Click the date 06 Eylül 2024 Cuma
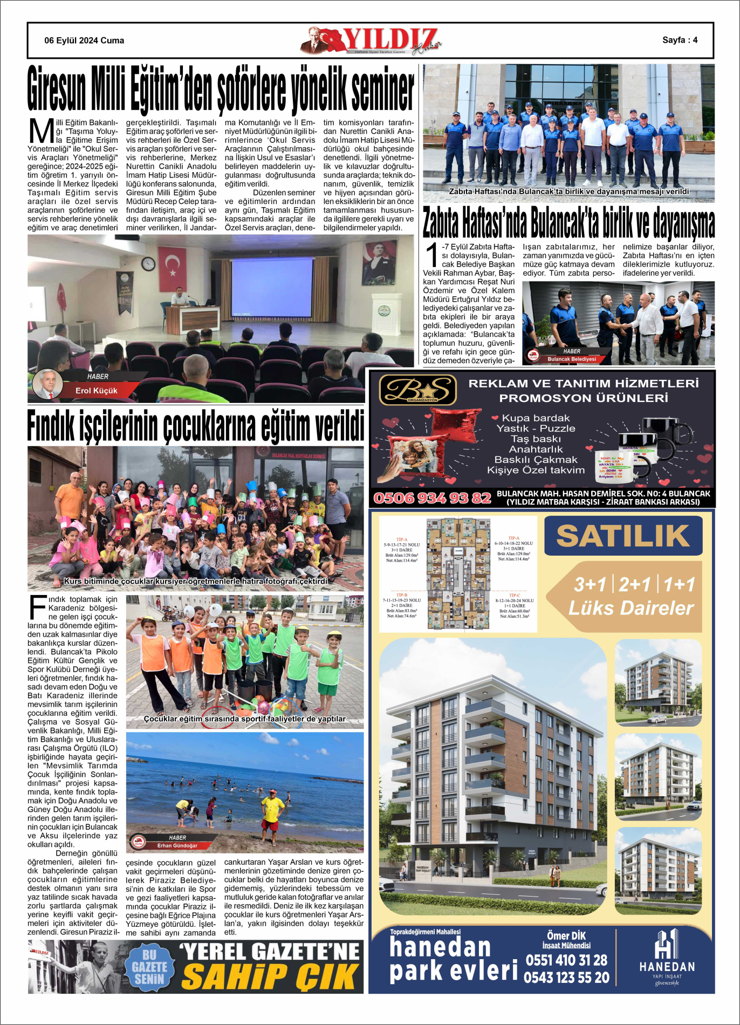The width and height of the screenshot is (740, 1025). point(84,40)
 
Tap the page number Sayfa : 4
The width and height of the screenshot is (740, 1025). point(680,40)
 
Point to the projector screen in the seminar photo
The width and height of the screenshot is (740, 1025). point(271,287)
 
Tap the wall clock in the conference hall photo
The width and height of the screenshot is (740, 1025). point(148,264)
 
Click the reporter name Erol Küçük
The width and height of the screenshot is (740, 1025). point(96,391)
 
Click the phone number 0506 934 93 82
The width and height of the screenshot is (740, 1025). point(432,498)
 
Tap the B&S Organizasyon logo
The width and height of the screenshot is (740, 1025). point(418,390)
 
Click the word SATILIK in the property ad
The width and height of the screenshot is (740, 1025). point(623,536)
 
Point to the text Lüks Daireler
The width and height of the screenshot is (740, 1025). point(631,608)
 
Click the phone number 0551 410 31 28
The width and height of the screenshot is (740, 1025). point(566,960)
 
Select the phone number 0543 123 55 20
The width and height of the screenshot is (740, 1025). point(566,978)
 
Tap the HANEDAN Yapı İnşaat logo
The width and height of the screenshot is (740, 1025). point(667,958)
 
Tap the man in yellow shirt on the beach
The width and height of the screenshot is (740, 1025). point(271,808)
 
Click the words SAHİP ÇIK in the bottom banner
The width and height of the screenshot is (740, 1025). point(270,976)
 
